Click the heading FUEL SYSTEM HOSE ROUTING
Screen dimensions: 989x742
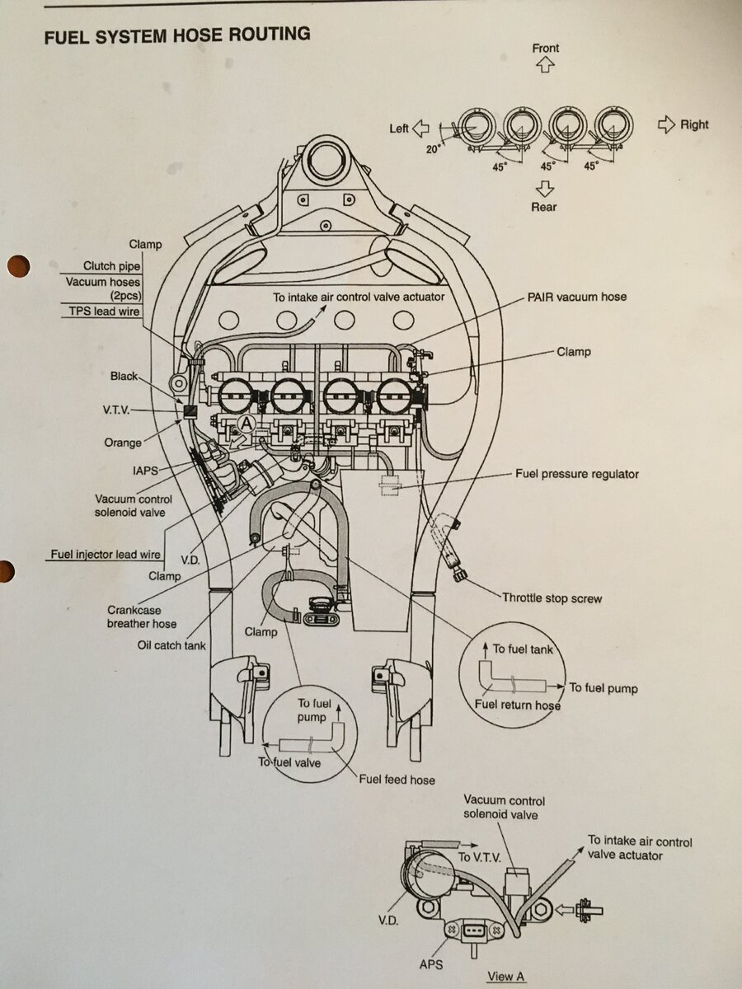(176, 35)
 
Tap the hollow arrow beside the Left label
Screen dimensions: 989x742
(420, 128)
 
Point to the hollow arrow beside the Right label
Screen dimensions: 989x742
(667, 124)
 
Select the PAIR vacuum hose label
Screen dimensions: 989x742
(576, 297)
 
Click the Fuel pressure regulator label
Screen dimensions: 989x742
(577, 474)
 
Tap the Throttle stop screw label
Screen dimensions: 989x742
(552, 598)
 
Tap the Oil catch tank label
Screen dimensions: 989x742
(171, 645)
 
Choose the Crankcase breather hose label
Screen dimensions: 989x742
(142, 617)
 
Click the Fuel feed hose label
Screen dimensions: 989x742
(396, 779)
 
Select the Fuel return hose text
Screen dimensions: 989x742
(517, 705)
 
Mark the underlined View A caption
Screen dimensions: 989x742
(505, 977)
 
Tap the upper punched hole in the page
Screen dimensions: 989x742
(17, 265)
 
